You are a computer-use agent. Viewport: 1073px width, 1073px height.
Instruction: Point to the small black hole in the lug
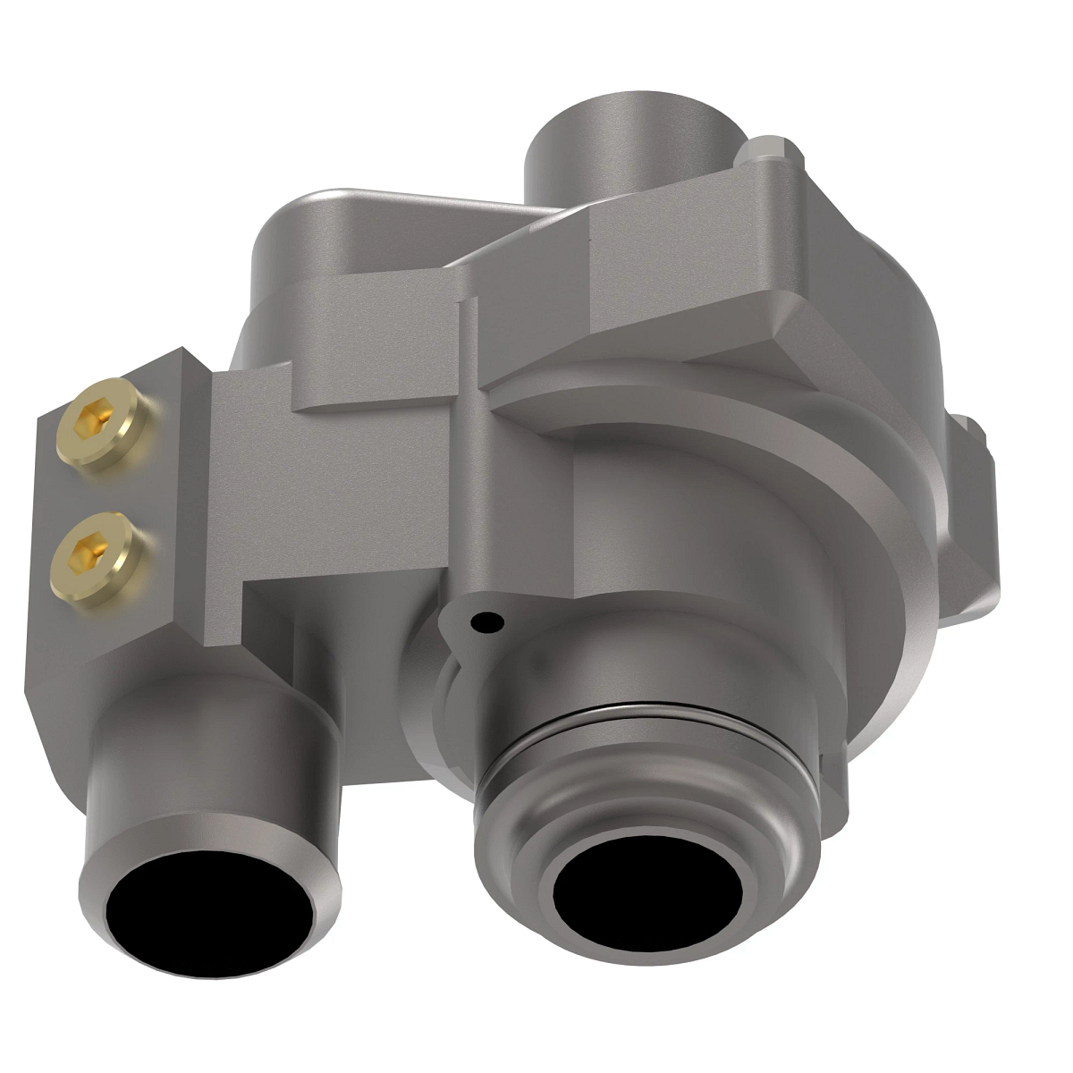pyautogui.click(x=486, y=619)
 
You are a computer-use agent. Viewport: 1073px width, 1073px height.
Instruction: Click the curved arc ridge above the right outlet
pyautogui.click(x=733, y=420)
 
